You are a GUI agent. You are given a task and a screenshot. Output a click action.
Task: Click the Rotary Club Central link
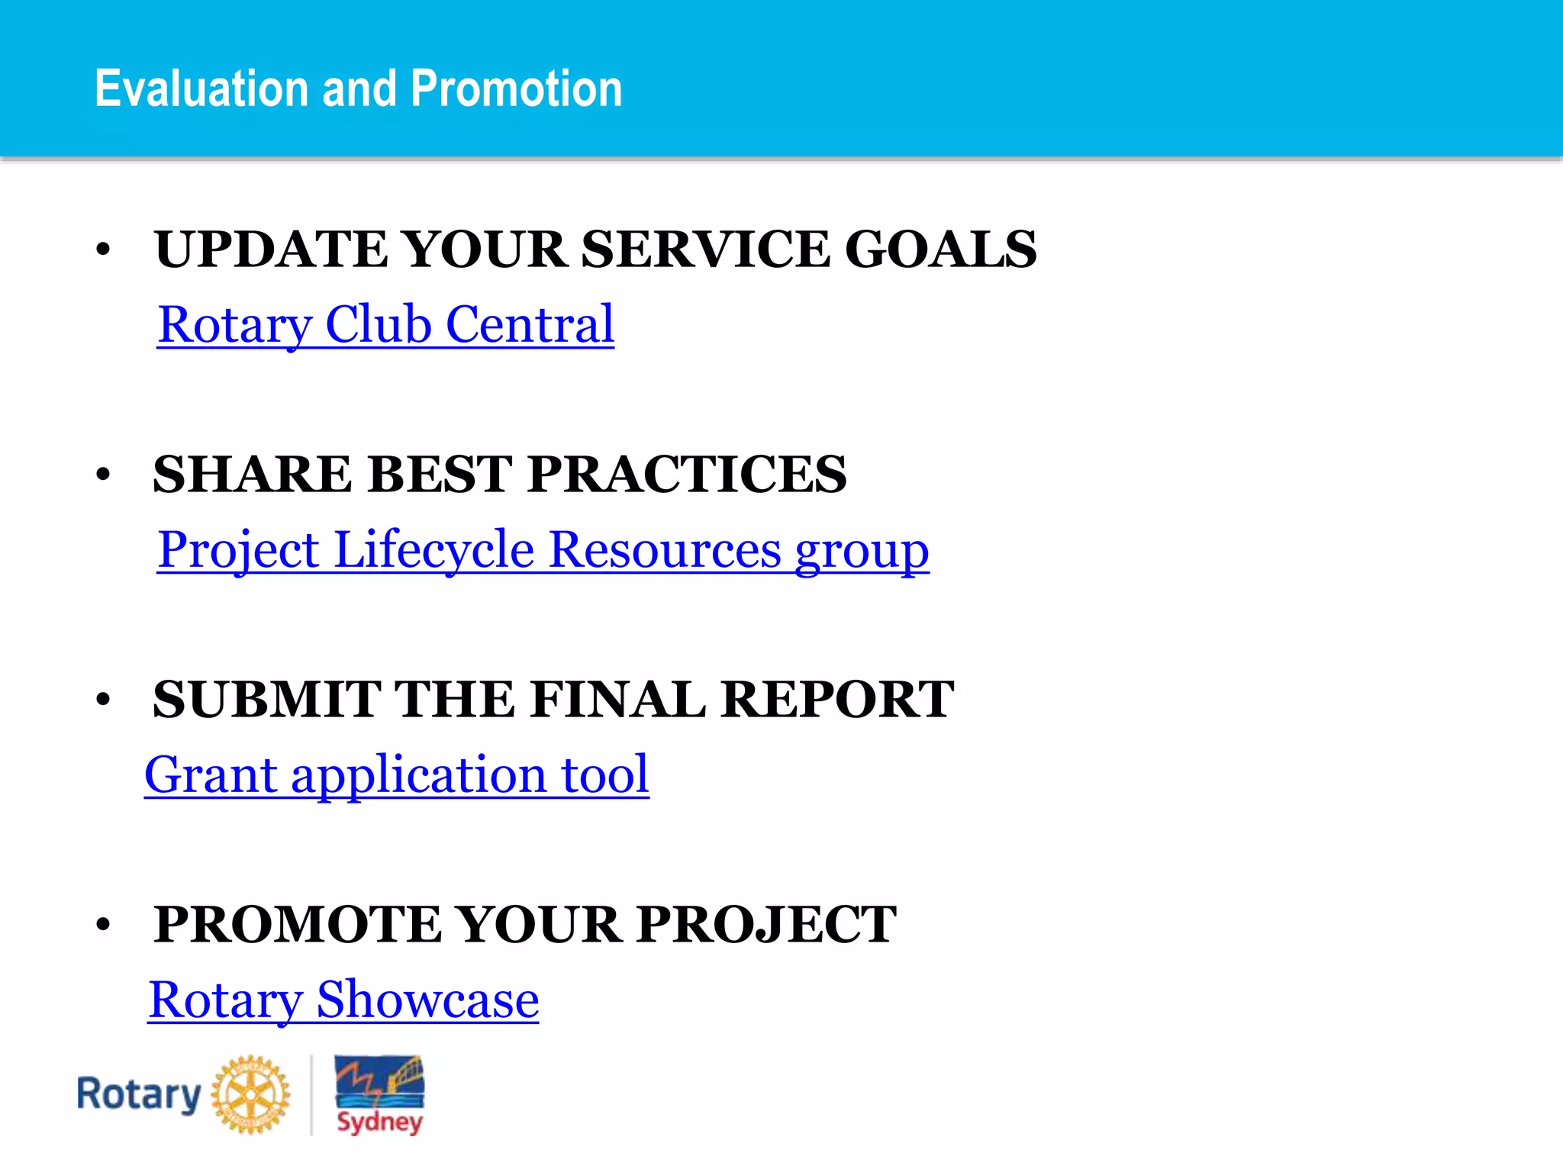tap(385, 325)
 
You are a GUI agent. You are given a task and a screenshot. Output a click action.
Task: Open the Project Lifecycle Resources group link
tap(543, 549)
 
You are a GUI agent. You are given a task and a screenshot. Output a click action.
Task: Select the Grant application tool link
tap(397, 774)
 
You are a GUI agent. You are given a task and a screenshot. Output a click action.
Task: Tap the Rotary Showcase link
tap(343, 1000)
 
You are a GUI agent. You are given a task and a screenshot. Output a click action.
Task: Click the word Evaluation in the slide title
tap(204, 89)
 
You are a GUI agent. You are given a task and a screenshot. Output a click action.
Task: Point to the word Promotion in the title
tap(517, 89)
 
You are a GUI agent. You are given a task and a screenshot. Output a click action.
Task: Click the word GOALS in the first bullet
tap(940, 250)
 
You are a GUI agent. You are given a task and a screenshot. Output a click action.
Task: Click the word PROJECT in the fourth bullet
tap(766, 925)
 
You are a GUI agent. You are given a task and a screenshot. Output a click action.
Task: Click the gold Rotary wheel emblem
tap(250, 1094)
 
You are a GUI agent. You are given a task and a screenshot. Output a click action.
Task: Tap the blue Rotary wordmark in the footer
tap(139, 1094)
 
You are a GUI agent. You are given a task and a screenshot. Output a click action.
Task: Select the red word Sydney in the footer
tap(379, 1122)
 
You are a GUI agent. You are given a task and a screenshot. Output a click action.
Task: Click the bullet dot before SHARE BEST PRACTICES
tap(104, 475)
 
